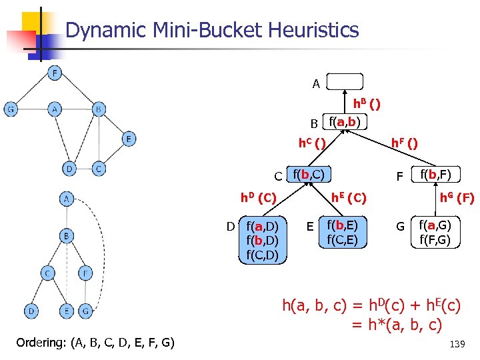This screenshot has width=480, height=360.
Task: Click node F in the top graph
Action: click(x=55, y=73)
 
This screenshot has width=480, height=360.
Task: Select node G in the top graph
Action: click(x=11, y=109)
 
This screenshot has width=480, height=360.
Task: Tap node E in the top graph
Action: click(x=129, y=139)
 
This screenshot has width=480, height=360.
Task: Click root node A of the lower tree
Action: click(x=66, y=199)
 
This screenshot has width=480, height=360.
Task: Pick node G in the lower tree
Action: click(x=85, y=311)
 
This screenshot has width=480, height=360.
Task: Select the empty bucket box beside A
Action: click(x=345, y=82)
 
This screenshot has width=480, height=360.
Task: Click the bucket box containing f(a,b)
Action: click(x=345, y=122)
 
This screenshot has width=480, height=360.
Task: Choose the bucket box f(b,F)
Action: click(x=435, y=175)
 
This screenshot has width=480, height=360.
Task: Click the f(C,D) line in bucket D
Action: click(x=262, y=254)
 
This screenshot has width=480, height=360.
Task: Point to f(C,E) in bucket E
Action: click(x=342, y=239)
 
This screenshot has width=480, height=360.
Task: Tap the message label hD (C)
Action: click(x=259, y=197)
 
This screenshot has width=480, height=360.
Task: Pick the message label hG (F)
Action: click(x=456, y=197)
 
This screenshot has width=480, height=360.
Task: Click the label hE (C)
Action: click(x=349, y=197)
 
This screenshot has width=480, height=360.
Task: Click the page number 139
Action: click(x=457, y=344)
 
